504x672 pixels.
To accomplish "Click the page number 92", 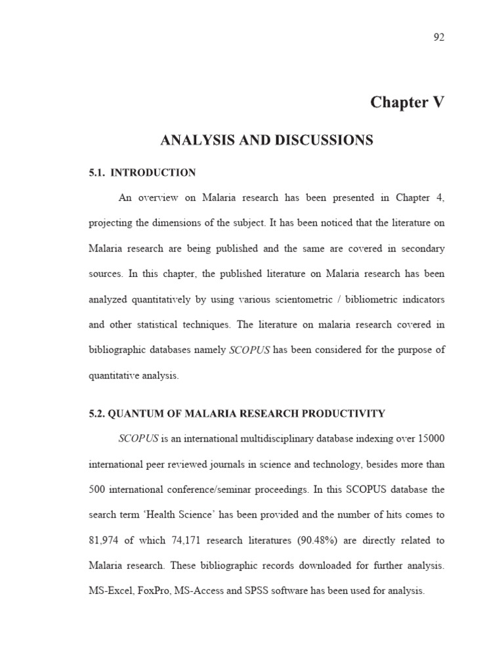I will tap(439, 37).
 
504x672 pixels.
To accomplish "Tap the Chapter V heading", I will tap(407, 102).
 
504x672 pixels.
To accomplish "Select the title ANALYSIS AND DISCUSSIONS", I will tap(266, 140).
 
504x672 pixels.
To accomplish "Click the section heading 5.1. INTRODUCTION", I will tap(142, 173).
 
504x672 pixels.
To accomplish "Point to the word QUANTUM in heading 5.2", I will tap(137, 413).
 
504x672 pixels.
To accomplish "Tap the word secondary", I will tap(419, 249).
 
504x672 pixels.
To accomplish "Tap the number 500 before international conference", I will tap(98, 490).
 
